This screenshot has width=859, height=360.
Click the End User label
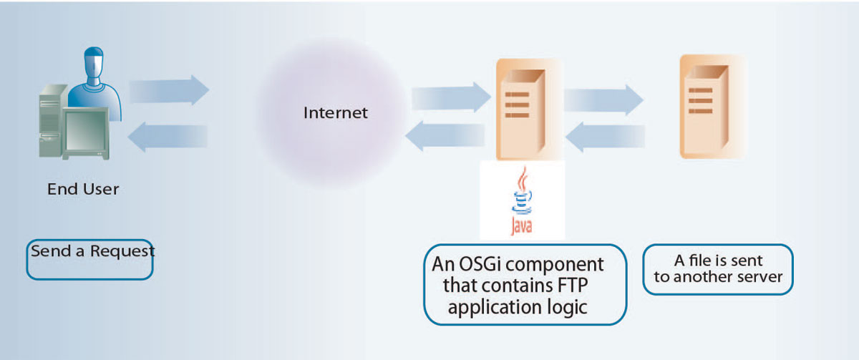[83, 190]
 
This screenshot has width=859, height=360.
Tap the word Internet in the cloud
[335, 112]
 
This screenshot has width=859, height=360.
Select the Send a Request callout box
[90, 259]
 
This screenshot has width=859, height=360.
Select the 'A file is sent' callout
[718, 269]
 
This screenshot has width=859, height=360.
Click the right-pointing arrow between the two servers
[603, 98]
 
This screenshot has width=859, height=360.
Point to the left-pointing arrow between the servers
[608, 135]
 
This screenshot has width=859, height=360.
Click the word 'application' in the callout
[474, 308]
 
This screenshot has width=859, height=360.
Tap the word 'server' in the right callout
[760, 277]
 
